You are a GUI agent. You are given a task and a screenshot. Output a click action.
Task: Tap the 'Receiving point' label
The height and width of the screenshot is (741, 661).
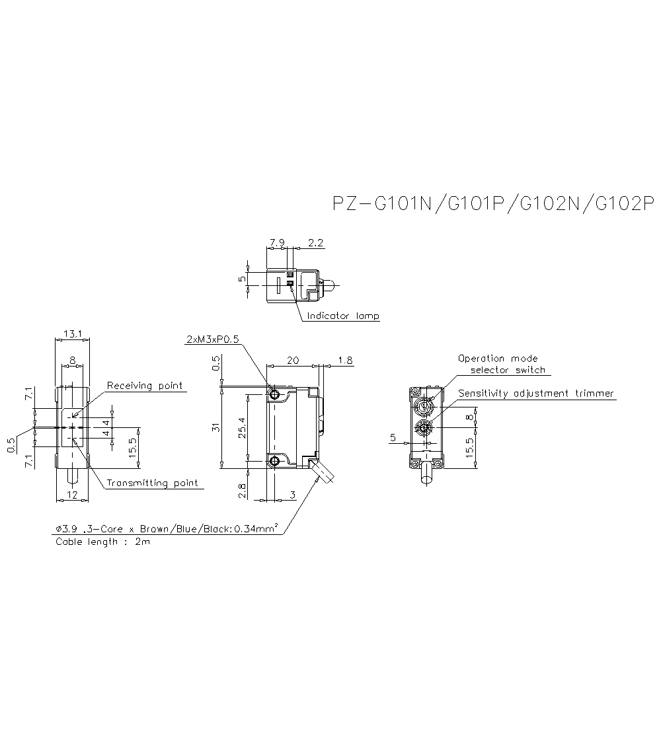pyautogui.click(x=145, y=386)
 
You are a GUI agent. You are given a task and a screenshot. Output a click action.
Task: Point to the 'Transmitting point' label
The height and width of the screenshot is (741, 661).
pyautogui.click(x=152, y=483)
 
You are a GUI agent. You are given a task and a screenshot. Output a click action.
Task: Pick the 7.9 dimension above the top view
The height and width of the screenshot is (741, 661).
pyautogui.click(x=277, y=243)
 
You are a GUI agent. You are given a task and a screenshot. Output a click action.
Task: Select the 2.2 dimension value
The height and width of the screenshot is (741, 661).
pyautogui.click(x=316, y=243)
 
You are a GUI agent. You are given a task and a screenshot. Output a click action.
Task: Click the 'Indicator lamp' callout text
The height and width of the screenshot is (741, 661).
pyautogui.click(x=342, y=316)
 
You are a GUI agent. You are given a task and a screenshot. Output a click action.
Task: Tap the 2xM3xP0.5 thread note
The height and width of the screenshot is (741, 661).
pyautogui.click(x=212, y=339)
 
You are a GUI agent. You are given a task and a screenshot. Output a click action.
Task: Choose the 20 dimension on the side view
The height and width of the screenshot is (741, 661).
pyautogui.click(x=293, y=360)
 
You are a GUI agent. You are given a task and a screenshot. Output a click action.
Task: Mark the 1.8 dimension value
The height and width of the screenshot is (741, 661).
pyautogui.click(x=345, y=360)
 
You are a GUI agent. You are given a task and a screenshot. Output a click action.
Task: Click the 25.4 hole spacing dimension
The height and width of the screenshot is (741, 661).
pyautogui.click(x=243, y=427)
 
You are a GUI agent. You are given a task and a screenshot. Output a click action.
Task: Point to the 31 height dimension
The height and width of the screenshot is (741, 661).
pyautogui.click(x=216, y=427)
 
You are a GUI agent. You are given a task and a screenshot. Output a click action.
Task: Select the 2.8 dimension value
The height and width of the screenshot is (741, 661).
pyautogui.click(x=242, y=489)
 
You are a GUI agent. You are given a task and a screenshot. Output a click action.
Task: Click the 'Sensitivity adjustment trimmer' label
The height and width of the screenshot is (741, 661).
pyautogui.click(x=536, y=394)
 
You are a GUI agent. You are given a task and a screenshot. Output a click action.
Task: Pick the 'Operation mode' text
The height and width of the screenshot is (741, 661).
pyautogui.click(x=498, y=359)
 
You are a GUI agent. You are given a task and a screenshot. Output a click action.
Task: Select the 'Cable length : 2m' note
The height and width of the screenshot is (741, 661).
pyautogui.click(x=102, y=542)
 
